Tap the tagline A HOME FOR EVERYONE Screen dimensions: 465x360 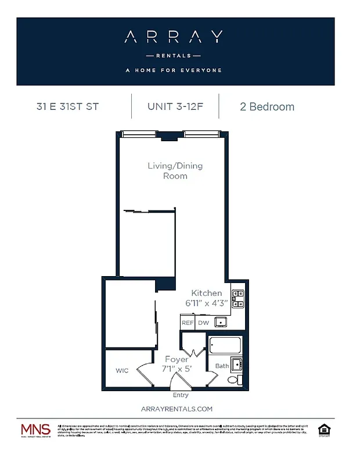pyautogui.click(x=173, y=70)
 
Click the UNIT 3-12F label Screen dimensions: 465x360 pyautogui.click(x=175, y=106)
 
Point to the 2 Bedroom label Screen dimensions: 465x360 pyautogui.click(x=267, y=106)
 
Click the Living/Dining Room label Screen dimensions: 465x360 pyautogui.click(x=175, y=170)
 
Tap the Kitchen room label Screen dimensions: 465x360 pyautogui.click(x=207, y=293)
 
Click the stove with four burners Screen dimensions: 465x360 pyautogui.click(x=237, y=298)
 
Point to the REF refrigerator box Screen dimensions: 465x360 pyautogui.click(x=187, y=323)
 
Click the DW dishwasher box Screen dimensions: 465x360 pyautogui.click(x=203, y=323)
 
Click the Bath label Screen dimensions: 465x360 pyautogui.click(x=222, y=366)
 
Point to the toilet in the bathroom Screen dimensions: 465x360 pyautogui.click(x=233, y=380)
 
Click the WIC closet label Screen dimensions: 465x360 pyautogui.click(x=122, y=370)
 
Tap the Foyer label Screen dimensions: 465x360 pyautogui.click(x=176, y=360)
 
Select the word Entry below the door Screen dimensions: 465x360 pyautogui.click(x=181, y=395)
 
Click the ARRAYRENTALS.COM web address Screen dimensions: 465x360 pyautogui.click(x=177, y=409)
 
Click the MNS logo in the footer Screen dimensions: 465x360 pyautogui.click(x=36, y=431)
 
